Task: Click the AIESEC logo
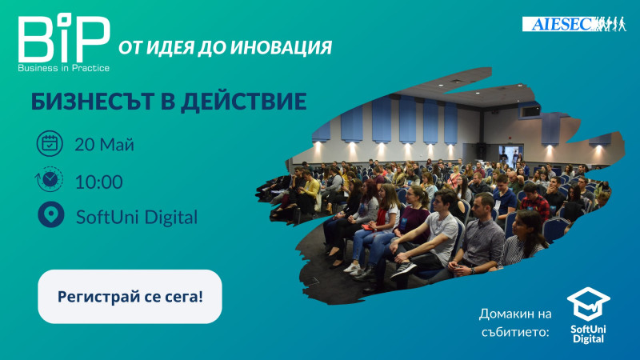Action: (574, 24)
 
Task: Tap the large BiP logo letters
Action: (64, 38)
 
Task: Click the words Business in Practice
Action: (64, 68)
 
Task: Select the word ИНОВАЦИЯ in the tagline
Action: (282, 48)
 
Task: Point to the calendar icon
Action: (50, 144)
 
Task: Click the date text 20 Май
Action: (105, 145)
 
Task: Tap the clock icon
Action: (50, 179)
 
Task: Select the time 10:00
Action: (98, 182)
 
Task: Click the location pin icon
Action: (51, 214)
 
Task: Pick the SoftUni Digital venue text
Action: (137, 217)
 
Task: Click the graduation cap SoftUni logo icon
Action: (589, 304)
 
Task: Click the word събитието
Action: (515, 332)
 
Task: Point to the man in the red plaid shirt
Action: (534, 201)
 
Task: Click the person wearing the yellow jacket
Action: (309, 192)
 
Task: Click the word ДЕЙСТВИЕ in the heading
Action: (244, 102)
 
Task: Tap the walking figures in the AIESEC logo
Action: (610, 24)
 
